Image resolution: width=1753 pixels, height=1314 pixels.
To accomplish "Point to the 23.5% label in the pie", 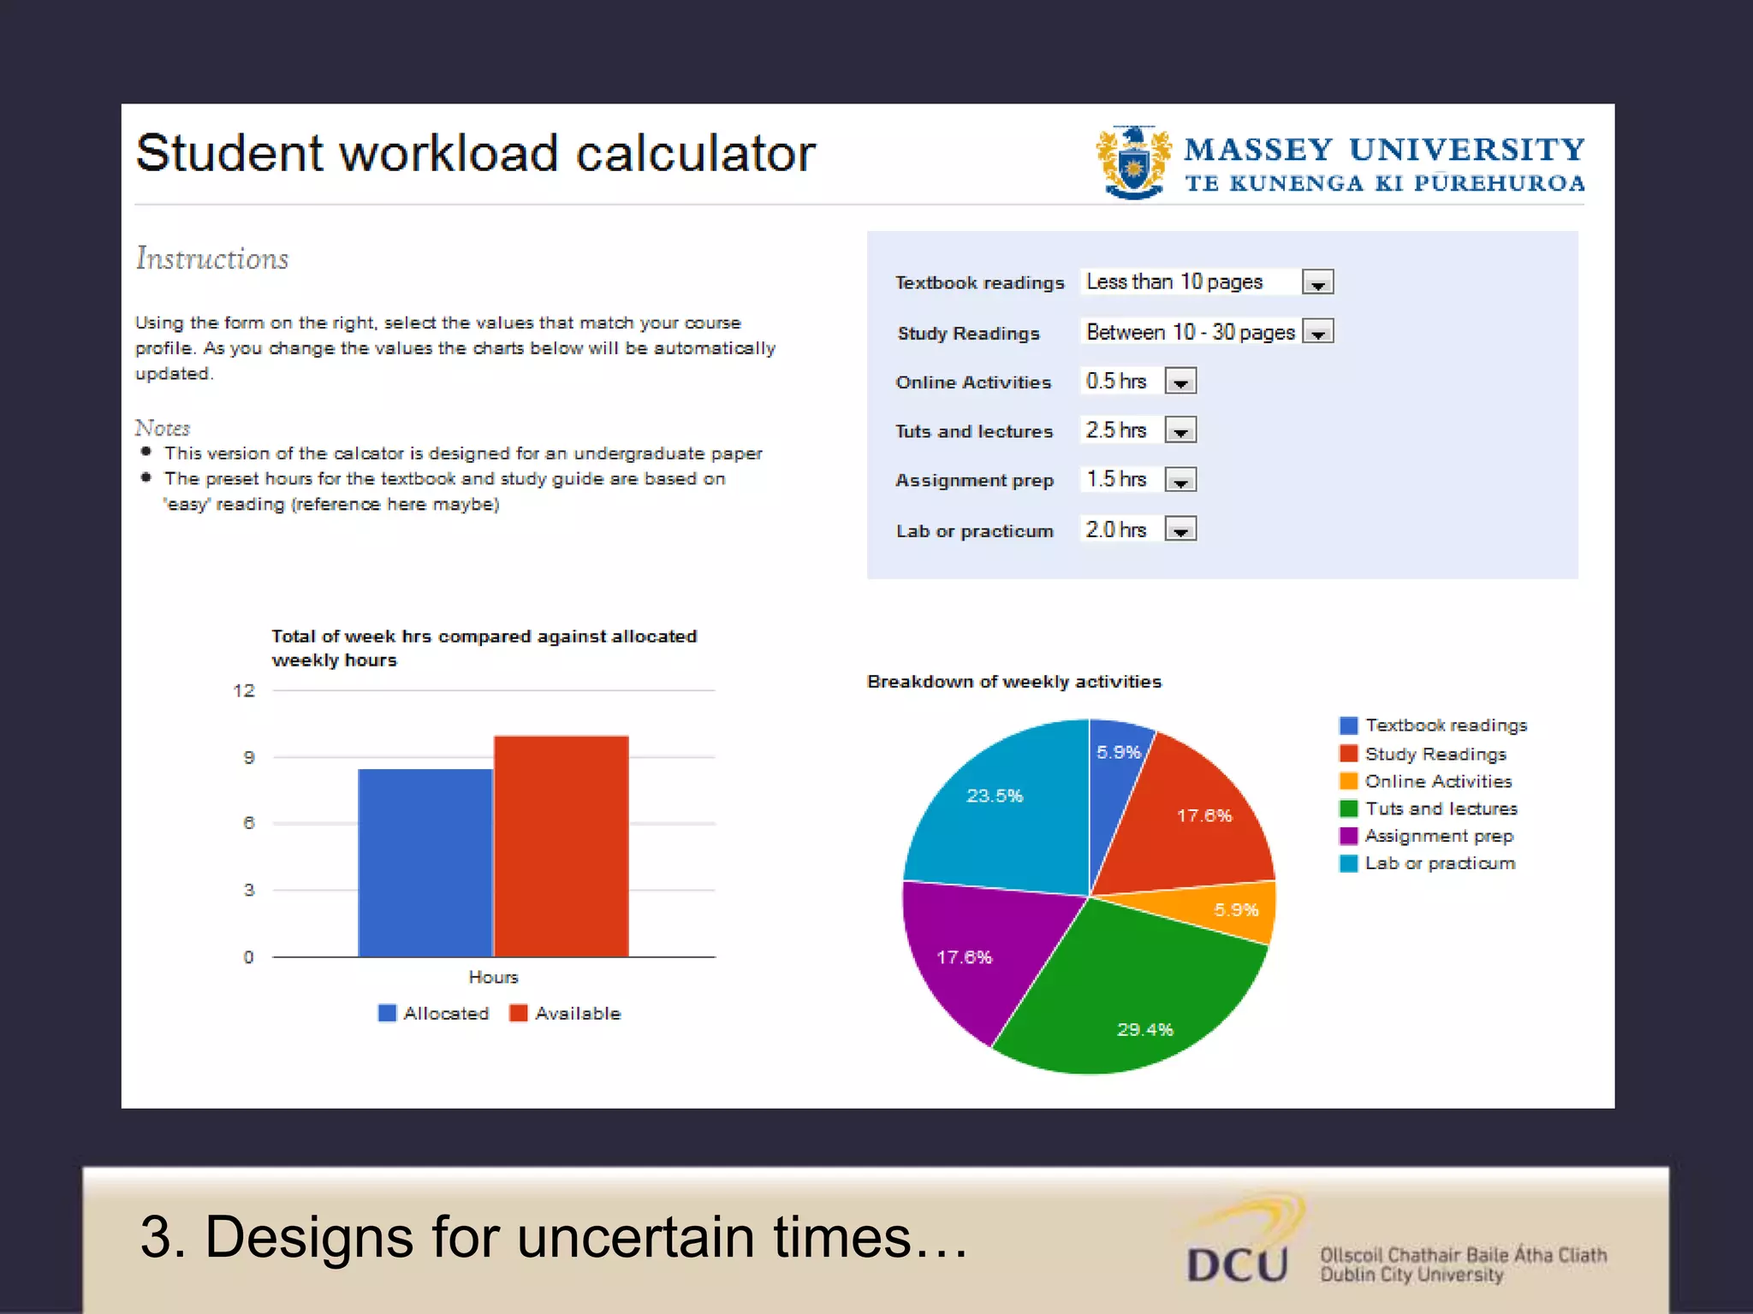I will pyautogui.click(x=995, y=796).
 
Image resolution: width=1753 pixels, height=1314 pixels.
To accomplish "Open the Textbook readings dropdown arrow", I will pyautogui.click(x=1317, y=282).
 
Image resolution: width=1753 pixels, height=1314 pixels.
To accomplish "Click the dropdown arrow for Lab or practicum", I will pyautogui.click(x=1180, y=530).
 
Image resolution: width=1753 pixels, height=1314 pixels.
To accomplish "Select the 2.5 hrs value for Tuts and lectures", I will pyautogui.click(x=1116, y=430).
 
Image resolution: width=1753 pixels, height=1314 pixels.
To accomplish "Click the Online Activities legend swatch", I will pyautogui.click(x=1348, y=781).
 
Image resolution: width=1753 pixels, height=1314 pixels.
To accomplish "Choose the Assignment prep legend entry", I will pyautogui.click(x=1439, y=836).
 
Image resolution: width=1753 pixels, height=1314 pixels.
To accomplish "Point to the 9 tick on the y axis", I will pyautogui.click(x=248, y=757).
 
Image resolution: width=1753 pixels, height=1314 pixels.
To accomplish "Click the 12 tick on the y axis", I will pyautogui.click(x=244, y=690).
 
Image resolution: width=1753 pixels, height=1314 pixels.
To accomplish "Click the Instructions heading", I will pyautogui.click(x=212, y=258).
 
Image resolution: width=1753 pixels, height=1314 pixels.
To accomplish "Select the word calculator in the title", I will pyautogui.click(x=695, y=154).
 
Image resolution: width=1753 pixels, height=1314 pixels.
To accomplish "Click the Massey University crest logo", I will pyautogui.click(x=1133, y=163).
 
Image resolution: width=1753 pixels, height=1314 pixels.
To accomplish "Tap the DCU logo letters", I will pyautogui.click(x=1238, y=1264).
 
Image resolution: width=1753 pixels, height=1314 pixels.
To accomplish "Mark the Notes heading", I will pyautogui.click(x=163, y=428).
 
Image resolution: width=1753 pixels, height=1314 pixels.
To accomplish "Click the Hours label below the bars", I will pyautogui.click(x=493, y=977).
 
